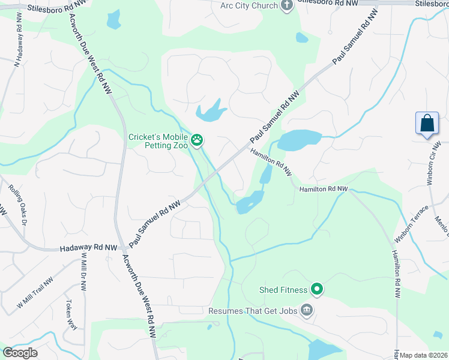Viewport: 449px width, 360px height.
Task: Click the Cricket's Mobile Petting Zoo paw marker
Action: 197,141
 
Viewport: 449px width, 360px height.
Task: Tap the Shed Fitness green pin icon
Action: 317,290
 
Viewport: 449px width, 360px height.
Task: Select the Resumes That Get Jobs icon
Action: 307,310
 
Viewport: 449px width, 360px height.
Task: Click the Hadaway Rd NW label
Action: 89,247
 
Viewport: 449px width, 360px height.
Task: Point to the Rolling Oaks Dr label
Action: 19,204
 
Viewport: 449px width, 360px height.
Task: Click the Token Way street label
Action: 71,314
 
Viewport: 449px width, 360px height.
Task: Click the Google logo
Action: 20,353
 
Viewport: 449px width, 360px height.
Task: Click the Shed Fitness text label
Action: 283,290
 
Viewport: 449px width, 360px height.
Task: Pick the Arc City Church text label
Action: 249,6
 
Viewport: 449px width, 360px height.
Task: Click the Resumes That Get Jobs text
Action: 253,311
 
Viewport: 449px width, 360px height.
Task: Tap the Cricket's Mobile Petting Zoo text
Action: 158,141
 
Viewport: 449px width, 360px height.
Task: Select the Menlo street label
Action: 442,230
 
